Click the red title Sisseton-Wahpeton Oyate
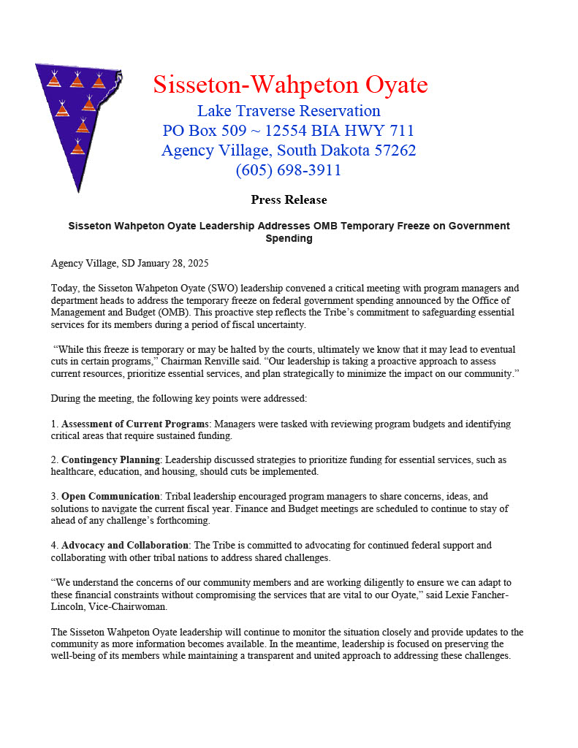(290, 85)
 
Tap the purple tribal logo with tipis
(77, 117)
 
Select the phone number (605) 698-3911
(289, 170)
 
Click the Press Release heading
(289, 199)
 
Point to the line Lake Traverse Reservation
(289, 111)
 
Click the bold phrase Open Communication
(110, 496)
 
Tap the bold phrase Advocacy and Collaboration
(126, 545)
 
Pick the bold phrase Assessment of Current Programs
(135, 424)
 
